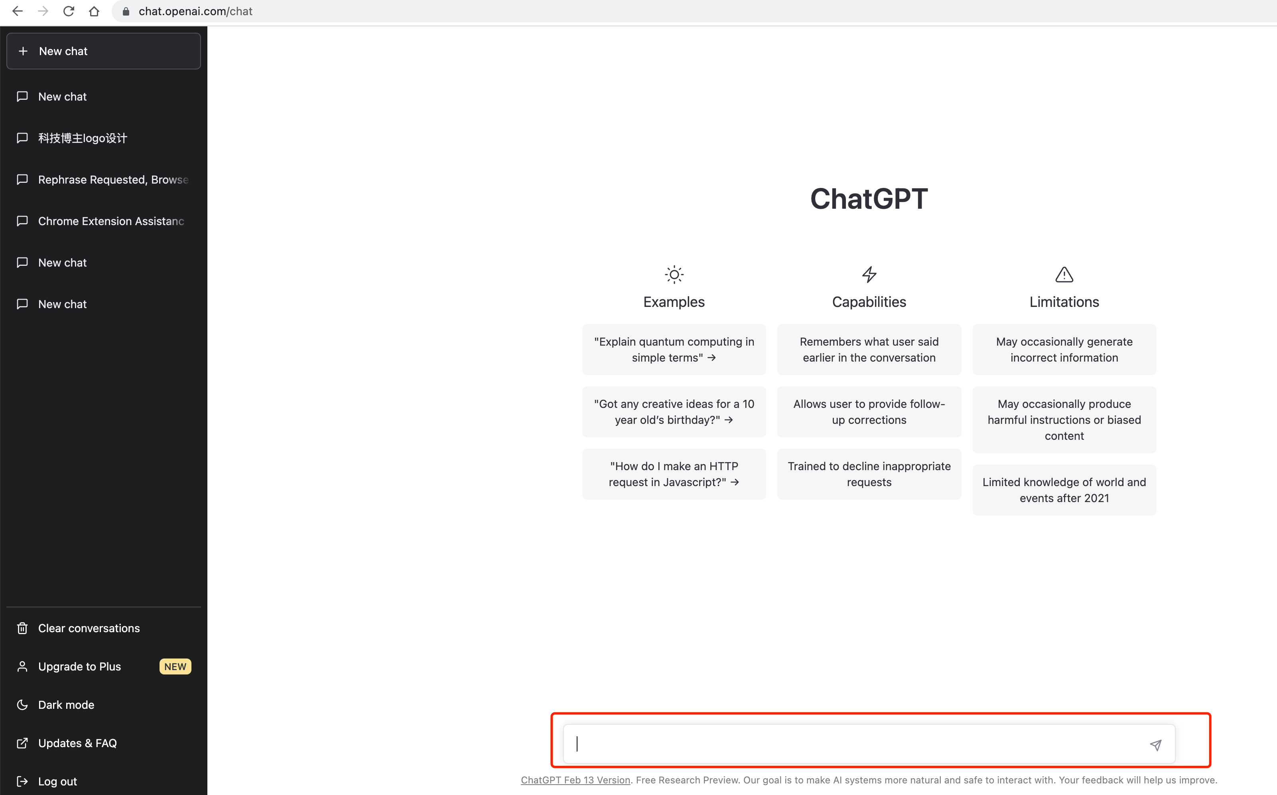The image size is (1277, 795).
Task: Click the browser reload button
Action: point(68,11)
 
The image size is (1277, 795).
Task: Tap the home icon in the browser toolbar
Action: point(94,11)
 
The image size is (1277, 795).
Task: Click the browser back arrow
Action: point(17,11)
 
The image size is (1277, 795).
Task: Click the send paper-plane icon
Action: point(1156,745)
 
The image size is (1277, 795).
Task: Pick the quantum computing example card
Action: point(674,350)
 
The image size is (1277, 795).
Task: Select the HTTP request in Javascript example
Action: point(674,474)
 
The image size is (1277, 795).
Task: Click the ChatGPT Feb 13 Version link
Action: point(575,780)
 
